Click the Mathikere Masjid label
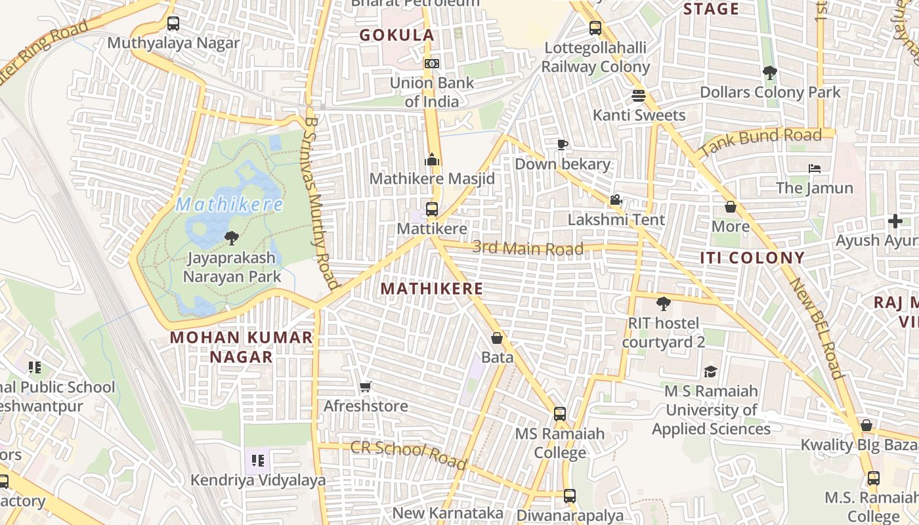[432, 178]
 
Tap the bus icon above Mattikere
[432, 209]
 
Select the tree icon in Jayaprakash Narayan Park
[231, 238]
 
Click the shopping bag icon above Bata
[497, 338]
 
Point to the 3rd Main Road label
[528, 248]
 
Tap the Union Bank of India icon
[432, 64]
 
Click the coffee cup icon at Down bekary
[562, 144]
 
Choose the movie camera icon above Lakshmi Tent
[616, 199]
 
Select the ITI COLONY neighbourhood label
[752, 257]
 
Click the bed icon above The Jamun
[815, 169]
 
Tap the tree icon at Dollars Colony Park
[770, 72]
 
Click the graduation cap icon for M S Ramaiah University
[710, 372]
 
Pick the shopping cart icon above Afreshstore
[366, 387]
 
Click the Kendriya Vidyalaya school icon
[258, 460]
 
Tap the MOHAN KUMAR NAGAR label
[241, 347]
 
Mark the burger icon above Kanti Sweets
[639, 96]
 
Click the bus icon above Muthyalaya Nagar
[173, 24]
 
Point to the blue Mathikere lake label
[229, 205]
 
